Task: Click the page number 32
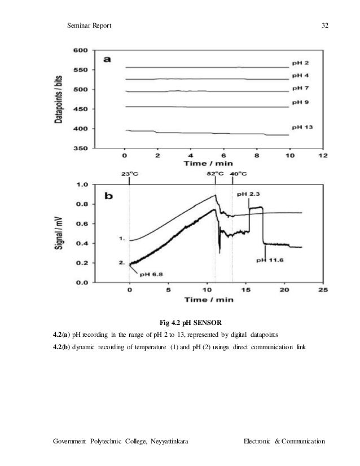tap(325, 25)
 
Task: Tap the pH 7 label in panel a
tap(299, 88)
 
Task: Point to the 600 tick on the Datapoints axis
tap(80, 50)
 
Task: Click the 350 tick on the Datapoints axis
tap(80, 148)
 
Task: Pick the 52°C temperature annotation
tap(216, 174)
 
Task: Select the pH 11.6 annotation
tap(270, 260)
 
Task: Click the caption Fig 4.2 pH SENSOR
tap(191, 323)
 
